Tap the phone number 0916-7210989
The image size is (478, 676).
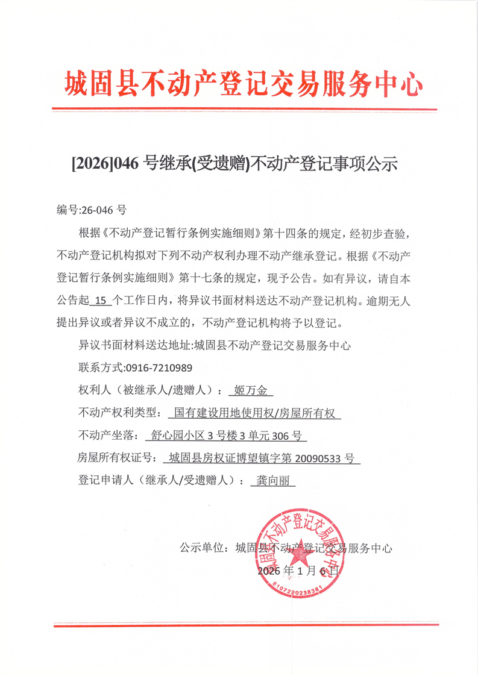click(x=158, y=368)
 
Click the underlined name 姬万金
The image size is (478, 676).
click(x=251, y=390)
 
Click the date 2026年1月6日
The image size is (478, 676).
click(x=300, y=570)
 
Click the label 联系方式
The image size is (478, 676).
click(x=99, y=368)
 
